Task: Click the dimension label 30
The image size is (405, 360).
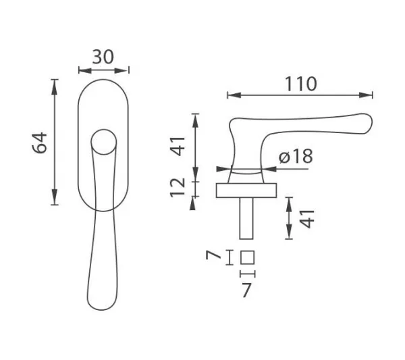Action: [x=103, y=57]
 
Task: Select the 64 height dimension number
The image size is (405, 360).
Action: [x=40, y=143]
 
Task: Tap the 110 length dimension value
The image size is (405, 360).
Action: [x=300, y=84]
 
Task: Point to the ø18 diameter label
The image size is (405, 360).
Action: [x=296, y=156]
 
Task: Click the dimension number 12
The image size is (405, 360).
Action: [x=177, y=188]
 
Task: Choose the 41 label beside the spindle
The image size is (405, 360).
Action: [x=308, y=219]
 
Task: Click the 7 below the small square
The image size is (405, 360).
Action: [x=246, y=290]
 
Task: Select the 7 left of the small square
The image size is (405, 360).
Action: [x=213, y=255]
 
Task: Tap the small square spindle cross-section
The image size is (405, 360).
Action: [x=247, y=257]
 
